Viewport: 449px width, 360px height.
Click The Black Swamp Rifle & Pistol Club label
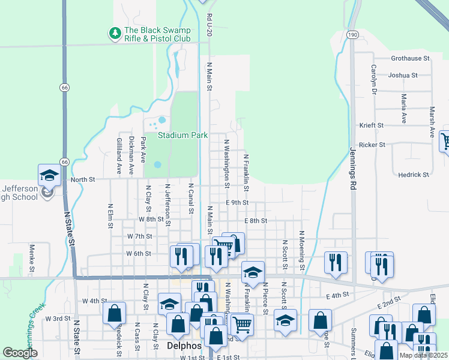(157, 34)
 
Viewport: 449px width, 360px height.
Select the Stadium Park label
(182, 136)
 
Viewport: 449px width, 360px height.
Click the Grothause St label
(411, 59)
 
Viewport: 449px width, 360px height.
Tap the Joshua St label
(403, 76)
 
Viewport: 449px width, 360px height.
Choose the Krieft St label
(371, 125)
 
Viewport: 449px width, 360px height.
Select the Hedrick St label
(414, 175)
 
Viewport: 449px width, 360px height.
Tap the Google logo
(20, 352)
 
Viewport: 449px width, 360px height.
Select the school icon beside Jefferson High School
(49, 175)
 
